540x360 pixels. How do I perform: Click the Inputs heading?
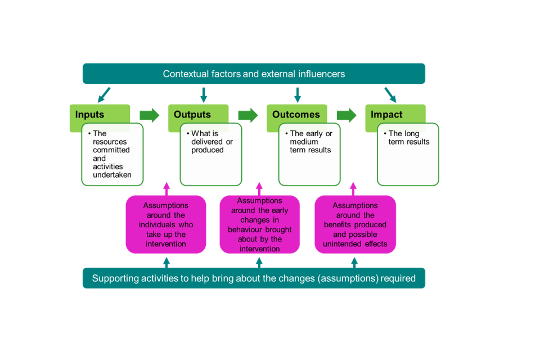(x=90, y=115)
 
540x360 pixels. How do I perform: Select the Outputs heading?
(x=192, y=115)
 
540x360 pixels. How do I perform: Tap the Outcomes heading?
(x=296, y=115)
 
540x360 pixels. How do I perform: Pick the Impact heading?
(x=386, y=115)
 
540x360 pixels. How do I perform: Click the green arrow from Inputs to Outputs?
(x=150, y=115)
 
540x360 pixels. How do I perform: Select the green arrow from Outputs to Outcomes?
(x=248, y=115)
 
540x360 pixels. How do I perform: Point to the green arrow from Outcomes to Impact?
(x=346, y=115)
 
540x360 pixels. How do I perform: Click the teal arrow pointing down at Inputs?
(x=104, y=94)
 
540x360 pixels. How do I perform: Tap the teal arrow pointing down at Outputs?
(x=204, y=94)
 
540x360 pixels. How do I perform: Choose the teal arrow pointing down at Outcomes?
(x=297, y=94)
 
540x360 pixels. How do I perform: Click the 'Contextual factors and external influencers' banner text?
(x=254, y=74)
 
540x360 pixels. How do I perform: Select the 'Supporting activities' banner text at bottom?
(x=254, y=278)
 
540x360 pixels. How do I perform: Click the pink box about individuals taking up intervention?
(x=165, y=224)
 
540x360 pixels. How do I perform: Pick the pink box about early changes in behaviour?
(x=259, y=224)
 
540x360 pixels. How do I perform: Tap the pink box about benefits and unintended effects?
(x=355, y=224)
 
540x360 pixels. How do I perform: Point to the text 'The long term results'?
(x=408, y=138)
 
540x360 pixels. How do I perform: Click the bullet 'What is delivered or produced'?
(x=211, y=142)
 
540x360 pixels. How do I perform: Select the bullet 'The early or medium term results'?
(x=310, y=142)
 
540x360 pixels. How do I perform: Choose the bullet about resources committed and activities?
(x=111, y=154)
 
